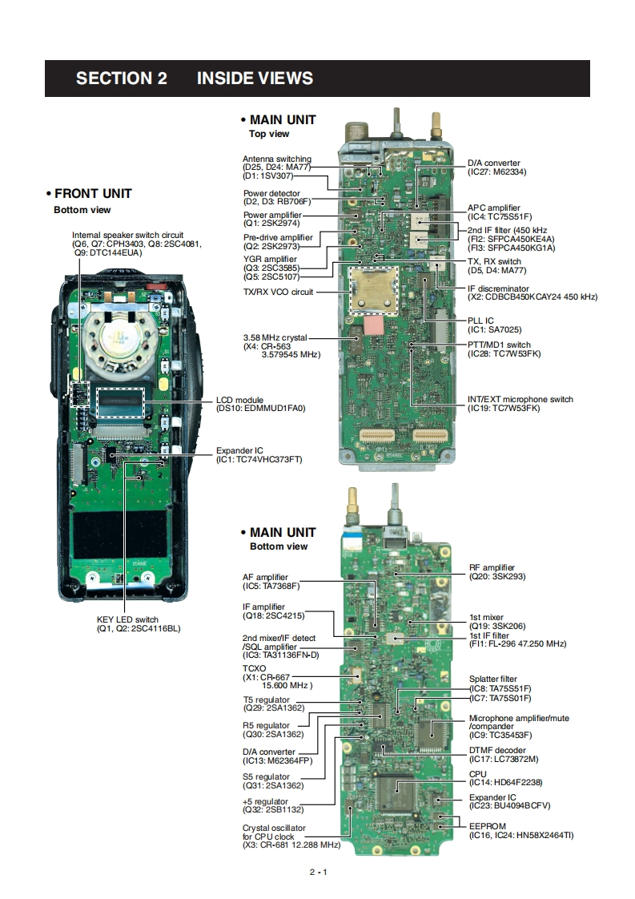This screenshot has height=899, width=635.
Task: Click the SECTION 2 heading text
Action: [x=122, y=79]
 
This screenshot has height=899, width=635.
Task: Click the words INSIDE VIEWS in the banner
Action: [x=255, y=79]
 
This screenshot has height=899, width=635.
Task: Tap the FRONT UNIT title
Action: [x=89, y=194]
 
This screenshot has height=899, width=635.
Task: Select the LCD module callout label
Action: [x=261, y=404]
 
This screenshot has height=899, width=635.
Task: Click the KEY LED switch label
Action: [x=139, y=624]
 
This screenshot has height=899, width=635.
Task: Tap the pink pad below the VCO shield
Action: [x=373, y=325]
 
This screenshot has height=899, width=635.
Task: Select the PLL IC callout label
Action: [x=495, y=325]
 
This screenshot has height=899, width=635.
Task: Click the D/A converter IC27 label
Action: [x=497, y=167]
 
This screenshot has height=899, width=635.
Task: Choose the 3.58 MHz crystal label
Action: [x=282, y=346]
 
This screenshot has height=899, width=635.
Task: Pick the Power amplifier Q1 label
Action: [x=272, y=219]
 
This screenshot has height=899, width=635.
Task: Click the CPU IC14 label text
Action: [x=505, y=778]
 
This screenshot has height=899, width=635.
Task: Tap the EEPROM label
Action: [x=521, y=831]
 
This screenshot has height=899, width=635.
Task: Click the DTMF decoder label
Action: [x=504, y=755]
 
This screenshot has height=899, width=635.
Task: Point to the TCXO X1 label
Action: [x=277, y=676]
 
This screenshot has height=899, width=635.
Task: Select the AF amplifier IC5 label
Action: [x=271, y=582]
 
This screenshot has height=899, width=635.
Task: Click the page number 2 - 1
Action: [x=318, y=872]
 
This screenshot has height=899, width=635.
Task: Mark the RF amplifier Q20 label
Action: [x=497, y=571]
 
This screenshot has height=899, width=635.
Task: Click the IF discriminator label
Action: [x=533, y=293]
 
